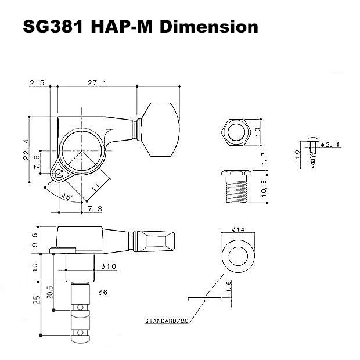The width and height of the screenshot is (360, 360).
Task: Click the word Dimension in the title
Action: tap(208, 27)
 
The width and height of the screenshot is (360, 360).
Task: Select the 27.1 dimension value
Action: tap(96, 83)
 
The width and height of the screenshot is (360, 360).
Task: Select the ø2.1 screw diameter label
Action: tap(327, 145)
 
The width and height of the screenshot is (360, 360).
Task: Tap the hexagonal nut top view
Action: tap(236, 132)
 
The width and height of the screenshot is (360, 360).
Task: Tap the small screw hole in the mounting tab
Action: tap(58, 172)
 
